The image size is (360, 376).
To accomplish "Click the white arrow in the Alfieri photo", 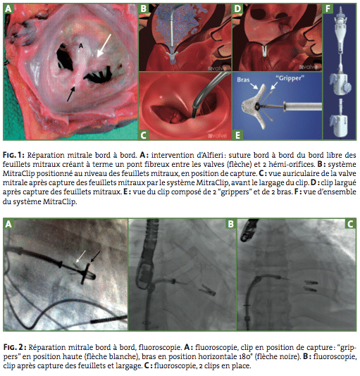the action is coord(104,46).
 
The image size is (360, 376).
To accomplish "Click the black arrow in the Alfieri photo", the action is coord(72,94).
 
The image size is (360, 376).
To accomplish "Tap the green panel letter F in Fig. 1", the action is coord(328,8).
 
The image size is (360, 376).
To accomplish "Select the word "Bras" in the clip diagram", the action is coord(243,80).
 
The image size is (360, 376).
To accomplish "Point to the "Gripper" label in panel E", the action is coord(290,78).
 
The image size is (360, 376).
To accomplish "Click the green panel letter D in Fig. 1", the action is coord(237,8).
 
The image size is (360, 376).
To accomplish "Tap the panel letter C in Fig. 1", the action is coord(143,134).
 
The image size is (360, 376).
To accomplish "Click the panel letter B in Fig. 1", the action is coord(144,8).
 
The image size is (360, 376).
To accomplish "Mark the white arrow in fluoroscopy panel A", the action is coord(80,256).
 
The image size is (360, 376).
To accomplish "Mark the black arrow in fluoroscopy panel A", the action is coord(95,256).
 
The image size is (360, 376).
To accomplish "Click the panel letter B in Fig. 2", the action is coord(230,224).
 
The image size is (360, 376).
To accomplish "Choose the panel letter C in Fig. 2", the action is coord(350,224).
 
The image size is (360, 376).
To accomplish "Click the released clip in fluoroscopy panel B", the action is coord(208,289).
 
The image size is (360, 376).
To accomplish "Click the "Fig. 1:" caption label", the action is coord(13,155).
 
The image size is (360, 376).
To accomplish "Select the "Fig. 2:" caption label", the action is coord(15,347).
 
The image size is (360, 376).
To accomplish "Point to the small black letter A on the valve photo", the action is coord(81,46).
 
